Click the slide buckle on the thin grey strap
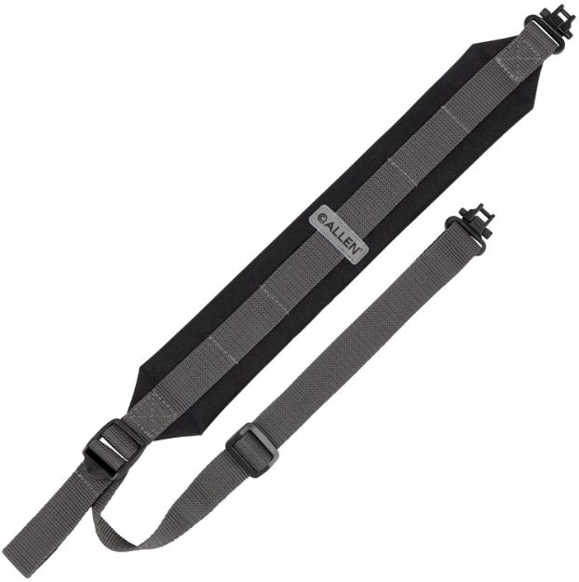click(x=251, y=449)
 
